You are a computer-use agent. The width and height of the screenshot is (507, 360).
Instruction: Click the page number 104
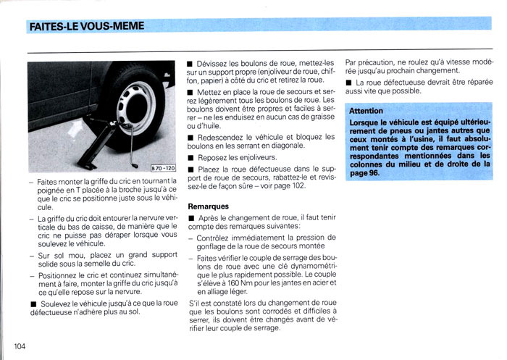19,346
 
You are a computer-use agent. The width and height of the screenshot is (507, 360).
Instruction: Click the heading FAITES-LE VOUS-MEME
86,27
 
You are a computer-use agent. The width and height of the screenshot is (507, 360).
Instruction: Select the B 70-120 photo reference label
160,168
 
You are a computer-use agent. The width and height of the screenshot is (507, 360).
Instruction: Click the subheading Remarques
209,206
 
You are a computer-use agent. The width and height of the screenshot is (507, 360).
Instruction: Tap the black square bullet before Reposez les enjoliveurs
190,157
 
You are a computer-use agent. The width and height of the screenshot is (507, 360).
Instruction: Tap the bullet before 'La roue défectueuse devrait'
349,83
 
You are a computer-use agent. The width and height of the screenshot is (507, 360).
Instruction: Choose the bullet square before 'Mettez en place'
190,93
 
